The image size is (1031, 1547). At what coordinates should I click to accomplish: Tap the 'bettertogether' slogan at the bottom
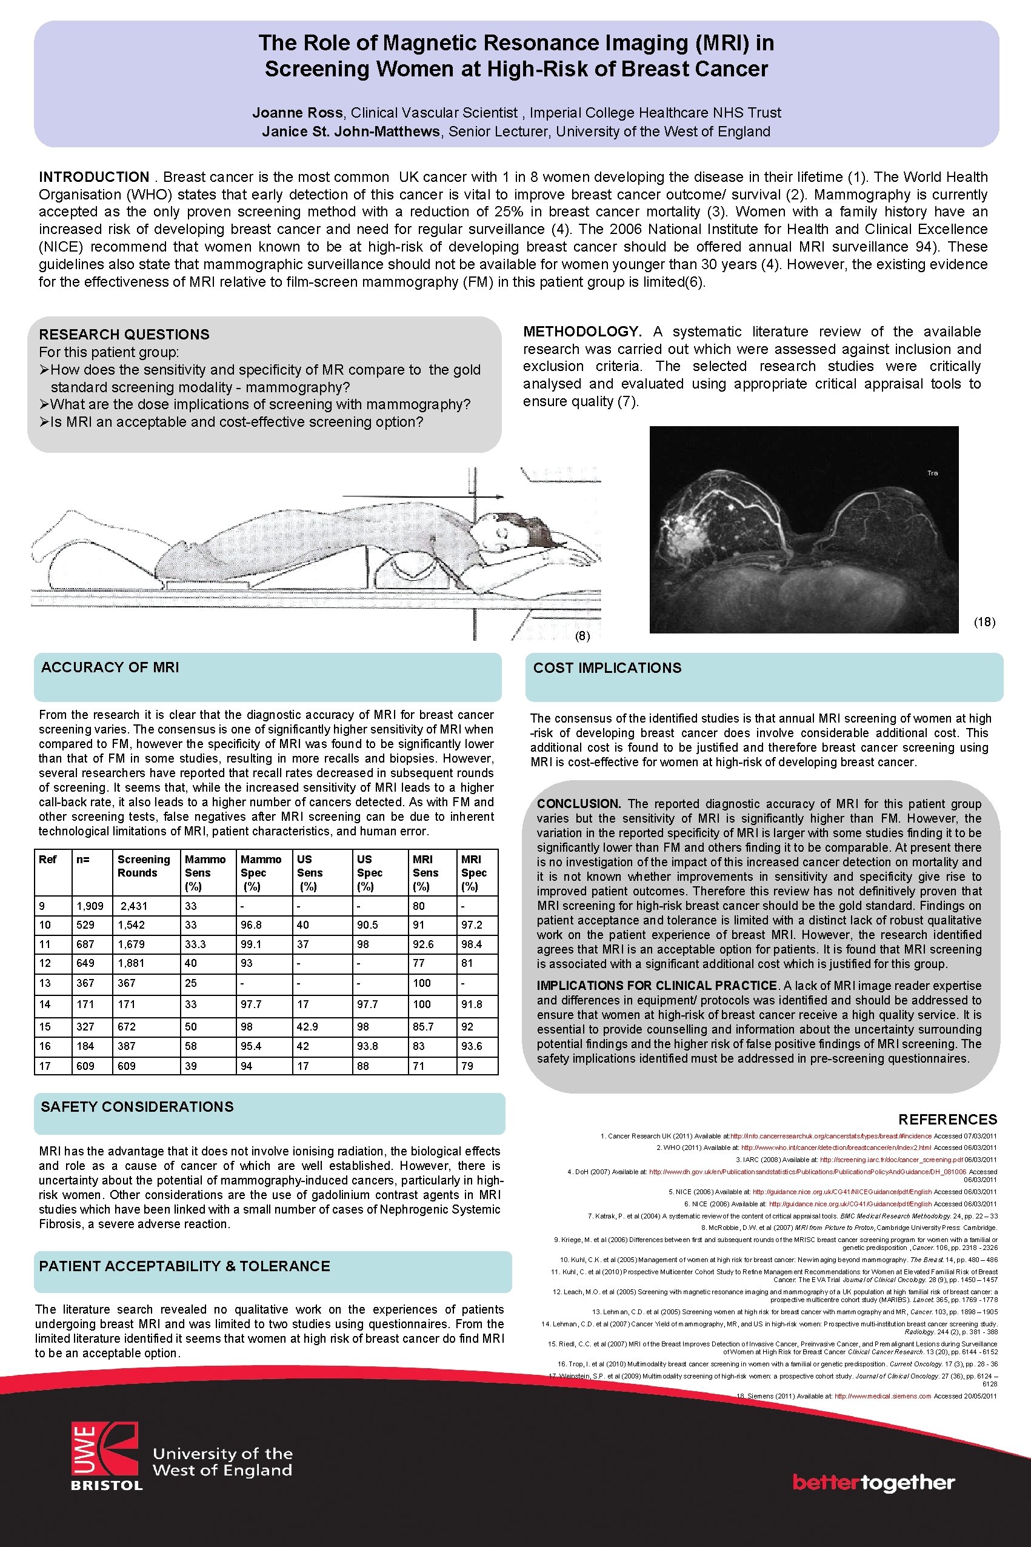tap(873, 1482)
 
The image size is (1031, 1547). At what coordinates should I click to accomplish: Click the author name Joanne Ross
tap(296, 112)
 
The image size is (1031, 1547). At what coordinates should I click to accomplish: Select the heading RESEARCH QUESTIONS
tap(124, 334)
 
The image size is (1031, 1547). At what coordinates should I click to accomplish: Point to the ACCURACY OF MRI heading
tap(110, 667)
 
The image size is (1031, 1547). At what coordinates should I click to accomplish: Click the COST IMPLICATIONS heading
tap(607, 668)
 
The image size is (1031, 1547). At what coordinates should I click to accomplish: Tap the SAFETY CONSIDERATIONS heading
tap(137, 1106)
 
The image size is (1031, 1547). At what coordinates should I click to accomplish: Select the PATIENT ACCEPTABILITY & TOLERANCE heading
tap(184, 1266)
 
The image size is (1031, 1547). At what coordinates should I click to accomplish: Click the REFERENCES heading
tap(947, 1120)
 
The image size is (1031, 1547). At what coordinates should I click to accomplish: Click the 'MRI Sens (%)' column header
tap(425, 872)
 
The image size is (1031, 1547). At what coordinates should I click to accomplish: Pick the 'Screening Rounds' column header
tap(143, 866)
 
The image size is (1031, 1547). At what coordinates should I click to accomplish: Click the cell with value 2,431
tap(133, 906)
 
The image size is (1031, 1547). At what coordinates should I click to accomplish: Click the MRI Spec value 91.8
tap(472, 1004)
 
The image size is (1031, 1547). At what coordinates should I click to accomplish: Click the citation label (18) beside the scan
tap(984, 622)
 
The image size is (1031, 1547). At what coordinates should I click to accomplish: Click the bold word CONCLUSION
tap(578, 803)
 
